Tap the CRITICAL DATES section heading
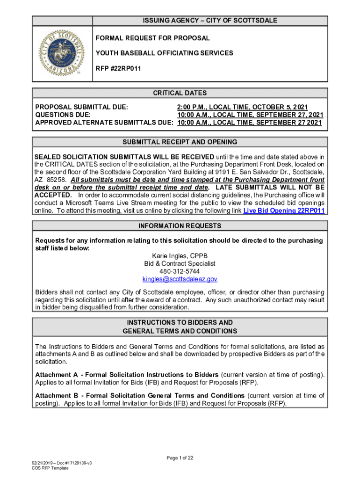point(180,93)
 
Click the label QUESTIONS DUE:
point(63,115)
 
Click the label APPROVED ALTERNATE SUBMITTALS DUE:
point(104,123)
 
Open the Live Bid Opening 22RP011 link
point(284,210)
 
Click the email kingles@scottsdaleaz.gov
point(180,279)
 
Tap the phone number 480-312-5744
point(180,271)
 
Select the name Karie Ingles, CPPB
point(180,256)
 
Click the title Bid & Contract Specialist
point(180,263)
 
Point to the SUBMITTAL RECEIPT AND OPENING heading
point(180,142)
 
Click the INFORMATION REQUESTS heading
point(180,226)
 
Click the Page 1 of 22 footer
point(180,457)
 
